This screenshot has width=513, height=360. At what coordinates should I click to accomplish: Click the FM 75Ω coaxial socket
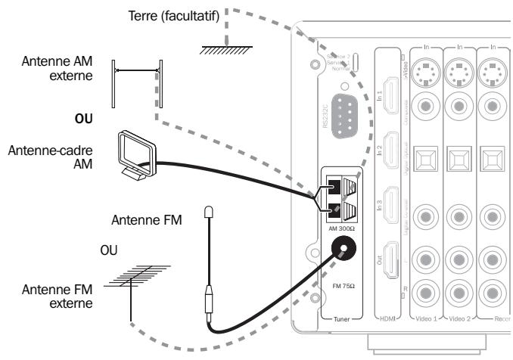(344, 248)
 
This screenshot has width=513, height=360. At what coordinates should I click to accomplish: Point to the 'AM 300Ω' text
(343, 226)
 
